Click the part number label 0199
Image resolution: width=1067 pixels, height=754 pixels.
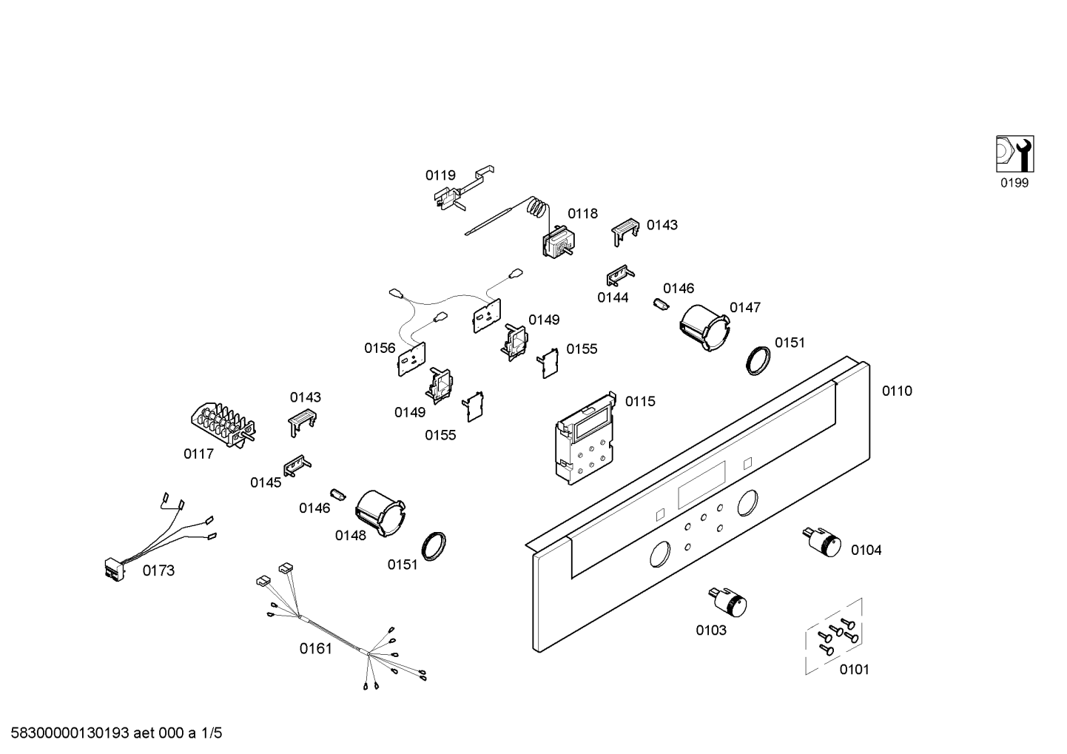(1014, 183)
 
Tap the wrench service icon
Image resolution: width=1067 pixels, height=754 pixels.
(1014, 154)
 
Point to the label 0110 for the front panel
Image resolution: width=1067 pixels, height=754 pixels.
(897, 391)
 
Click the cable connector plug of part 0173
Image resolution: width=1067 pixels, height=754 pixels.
(115, 568)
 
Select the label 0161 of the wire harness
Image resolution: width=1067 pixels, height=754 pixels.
(315, 649)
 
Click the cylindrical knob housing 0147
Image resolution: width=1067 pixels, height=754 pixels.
(704, 328)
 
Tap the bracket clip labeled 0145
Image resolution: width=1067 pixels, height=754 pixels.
(297, 465)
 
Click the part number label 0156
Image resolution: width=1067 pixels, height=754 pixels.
(380, 348)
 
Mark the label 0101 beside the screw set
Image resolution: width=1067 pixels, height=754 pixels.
(854, 669)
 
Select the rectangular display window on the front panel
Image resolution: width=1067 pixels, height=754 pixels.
(701, 482)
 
